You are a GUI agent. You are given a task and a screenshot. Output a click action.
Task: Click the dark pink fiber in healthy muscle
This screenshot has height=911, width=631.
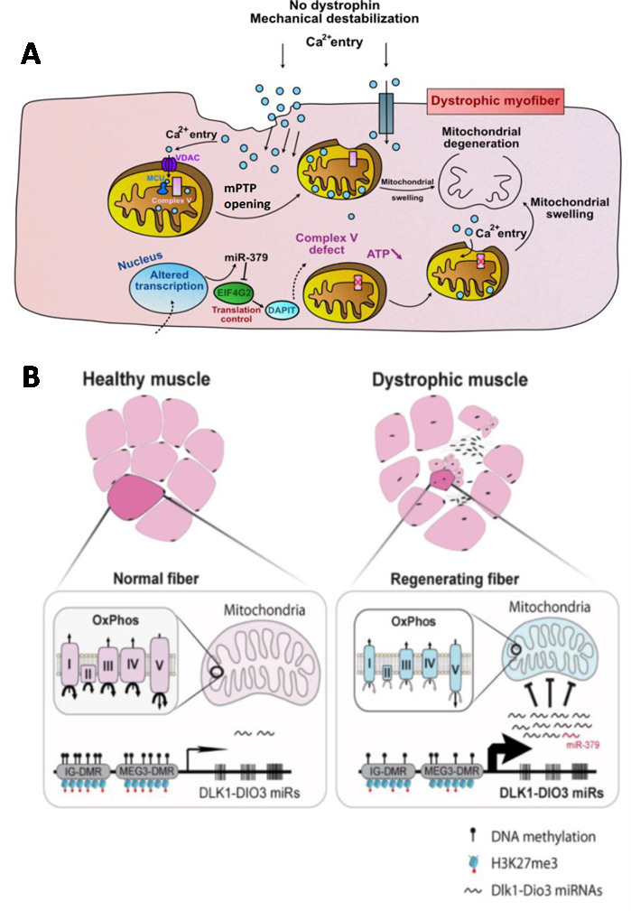136,500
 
